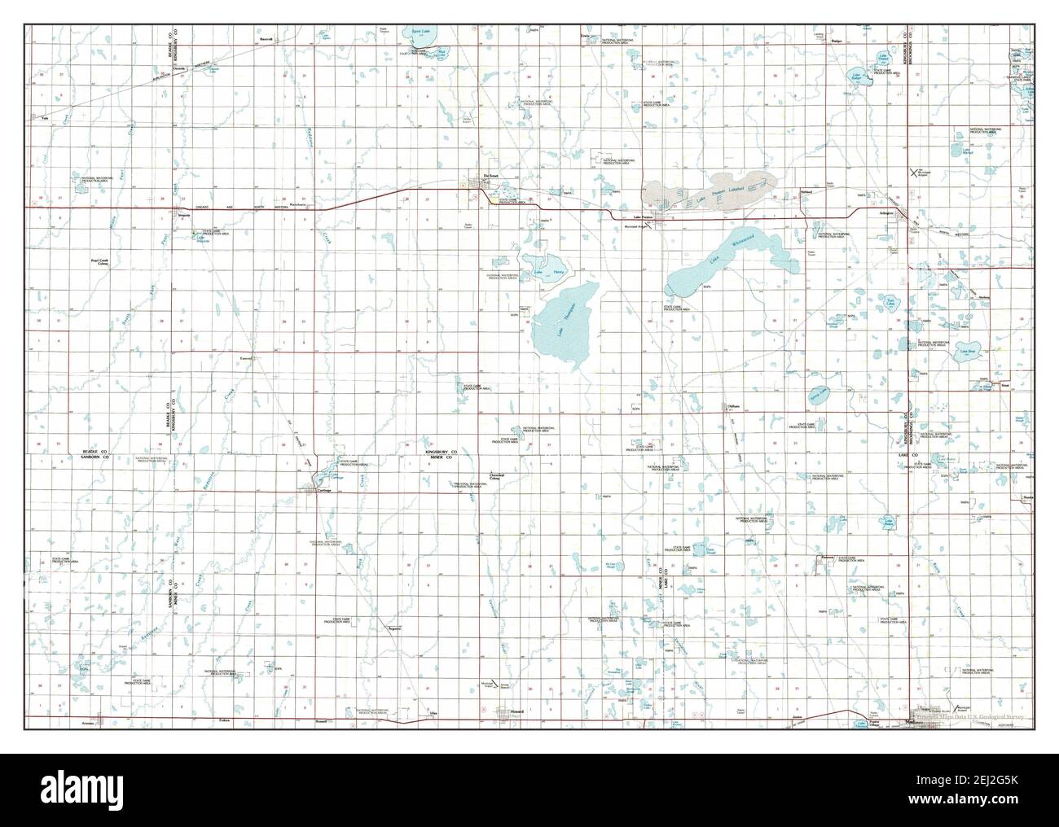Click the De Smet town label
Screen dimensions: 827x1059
(x=490, y=176)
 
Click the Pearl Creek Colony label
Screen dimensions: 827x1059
(x=99, y=263)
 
